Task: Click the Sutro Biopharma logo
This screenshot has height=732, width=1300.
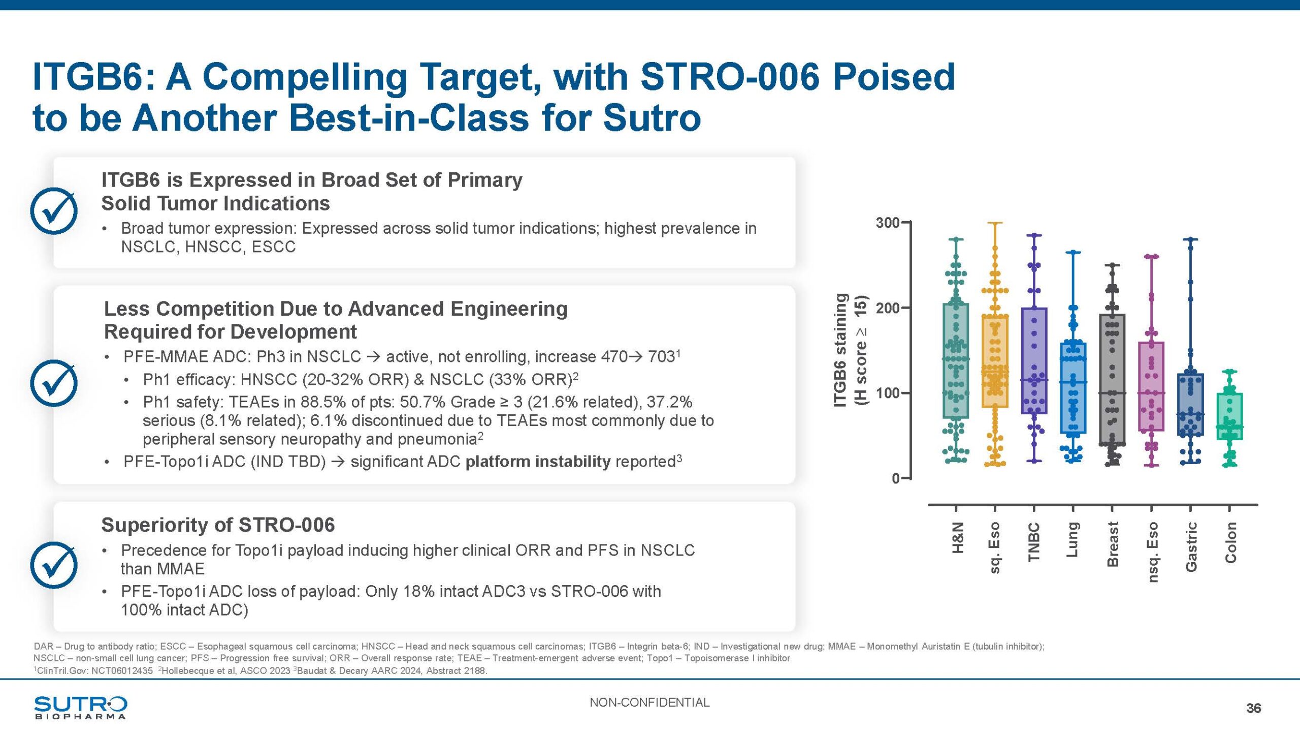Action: coord(80,707)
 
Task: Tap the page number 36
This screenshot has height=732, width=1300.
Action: coord(1253,708)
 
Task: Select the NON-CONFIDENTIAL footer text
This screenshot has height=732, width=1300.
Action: coord(649,703)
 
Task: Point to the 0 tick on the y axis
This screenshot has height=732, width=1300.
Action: coord(896,478)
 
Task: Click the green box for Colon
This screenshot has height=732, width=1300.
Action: coord(1229,416)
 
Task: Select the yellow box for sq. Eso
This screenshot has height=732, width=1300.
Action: coord(995,361)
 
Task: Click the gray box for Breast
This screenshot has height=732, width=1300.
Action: coord(1112,379)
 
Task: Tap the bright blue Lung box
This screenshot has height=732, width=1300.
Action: coord(1073,388)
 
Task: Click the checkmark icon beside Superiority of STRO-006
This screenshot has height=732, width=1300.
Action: coord(54,565)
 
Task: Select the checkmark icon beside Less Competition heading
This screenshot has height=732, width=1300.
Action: coord(54,383)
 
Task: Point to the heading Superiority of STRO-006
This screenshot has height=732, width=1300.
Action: coord(218,525)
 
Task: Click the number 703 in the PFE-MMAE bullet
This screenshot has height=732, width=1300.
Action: coord(661,357)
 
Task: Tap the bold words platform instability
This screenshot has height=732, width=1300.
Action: coord(538,462)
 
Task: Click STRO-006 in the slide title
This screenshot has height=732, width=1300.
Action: coord(729,77)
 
